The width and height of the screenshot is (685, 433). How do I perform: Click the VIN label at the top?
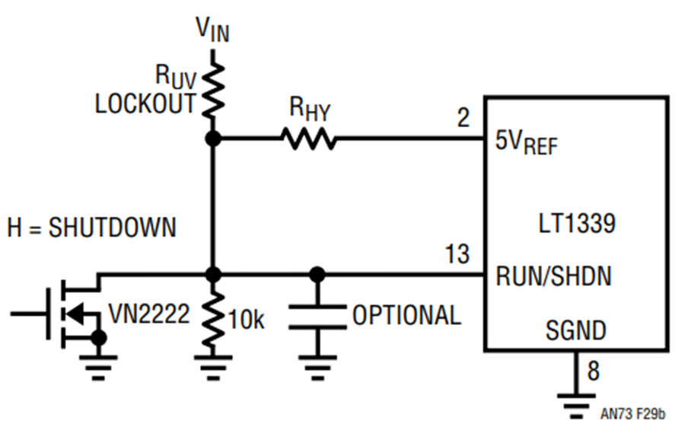point(213,30)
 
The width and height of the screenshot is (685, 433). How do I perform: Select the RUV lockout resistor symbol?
point(213,90)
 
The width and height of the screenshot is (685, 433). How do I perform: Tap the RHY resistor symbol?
point(309,138)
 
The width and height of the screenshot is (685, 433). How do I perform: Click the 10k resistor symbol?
point(213,317)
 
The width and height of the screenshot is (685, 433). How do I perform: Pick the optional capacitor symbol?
point(317,317)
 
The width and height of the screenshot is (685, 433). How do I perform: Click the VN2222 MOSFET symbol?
point(75,313)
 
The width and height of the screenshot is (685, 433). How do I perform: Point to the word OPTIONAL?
point(406,316)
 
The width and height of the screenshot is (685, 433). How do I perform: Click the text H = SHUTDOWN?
point(92,228)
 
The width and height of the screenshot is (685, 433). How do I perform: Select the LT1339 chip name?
point(577,223)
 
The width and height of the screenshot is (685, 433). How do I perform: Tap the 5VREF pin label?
point(527,142)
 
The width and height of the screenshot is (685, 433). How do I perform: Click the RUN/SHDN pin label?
point(554,276)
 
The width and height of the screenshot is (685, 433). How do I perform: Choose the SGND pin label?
point(576,330)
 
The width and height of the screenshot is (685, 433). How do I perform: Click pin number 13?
point(457,254)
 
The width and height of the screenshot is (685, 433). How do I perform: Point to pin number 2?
point(464,117)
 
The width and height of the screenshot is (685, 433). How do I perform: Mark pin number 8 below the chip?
point(593,371)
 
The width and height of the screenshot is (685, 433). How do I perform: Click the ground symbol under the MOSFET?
point(98,368)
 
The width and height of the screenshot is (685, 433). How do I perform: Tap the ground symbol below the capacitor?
point(317,368)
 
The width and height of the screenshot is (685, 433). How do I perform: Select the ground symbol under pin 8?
point(576,406)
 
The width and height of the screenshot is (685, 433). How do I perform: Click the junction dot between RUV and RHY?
point(213,139)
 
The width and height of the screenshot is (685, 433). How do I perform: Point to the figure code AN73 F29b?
point(632,414)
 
